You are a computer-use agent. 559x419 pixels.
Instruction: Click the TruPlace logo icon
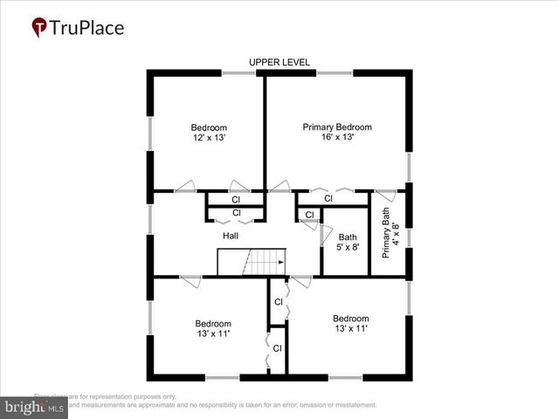[x=39, y=28]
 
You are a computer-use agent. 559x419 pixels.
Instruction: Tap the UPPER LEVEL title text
[x=279, y=62]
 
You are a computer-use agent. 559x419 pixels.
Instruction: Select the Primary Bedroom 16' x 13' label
[x=331, y=132]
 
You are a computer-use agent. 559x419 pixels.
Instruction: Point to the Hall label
[x=231, y=236]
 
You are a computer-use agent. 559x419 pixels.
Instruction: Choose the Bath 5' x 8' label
[x=348, y=242]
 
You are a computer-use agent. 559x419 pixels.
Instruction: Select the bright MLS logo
[x=35, y=408]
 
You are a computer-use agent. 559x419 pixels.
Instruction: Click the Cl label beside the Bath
[x=309, y=216]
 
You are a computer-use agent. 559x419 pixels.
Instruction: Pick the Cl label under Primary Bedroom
[x=328, y=199]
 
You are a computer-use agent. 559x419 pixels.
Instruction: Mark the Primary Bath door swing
[x=384, y=197]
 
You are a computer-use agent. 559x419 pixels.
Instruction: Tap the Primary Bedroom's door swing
[x=279, y=186]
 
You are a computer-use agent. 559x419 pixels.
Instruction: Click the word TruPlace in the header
[x=87, y=28]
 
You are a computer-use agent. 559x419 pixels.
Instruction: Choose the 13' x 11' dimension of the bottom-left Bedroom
[x=213, y=333]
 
